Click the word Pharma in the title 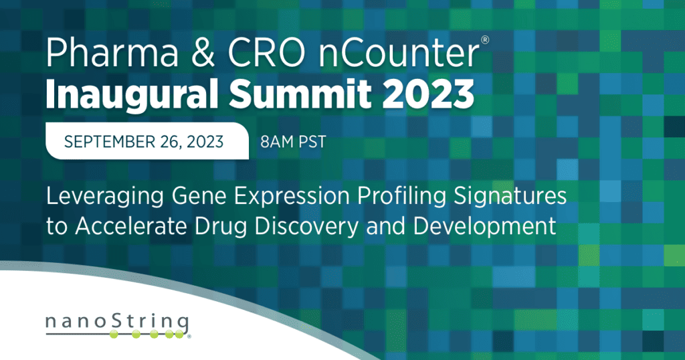[112, 52]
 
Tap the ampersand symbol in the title [203, 53]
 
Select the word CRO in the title [266, 53]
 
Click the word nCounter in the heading [399, 53]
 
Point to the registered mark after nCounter [485, 40]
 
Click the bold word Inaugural [132, 95]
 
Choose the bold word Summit [300, 94]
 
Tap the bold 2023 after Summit [429, 94]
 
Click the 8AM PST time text [293, 142]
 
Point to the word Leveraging [105, 197]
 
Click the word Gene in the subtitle [199, 196]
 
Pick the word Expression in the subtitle [292, 197]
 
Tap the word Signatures [510, 197]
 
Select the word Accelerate [132, 226]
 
